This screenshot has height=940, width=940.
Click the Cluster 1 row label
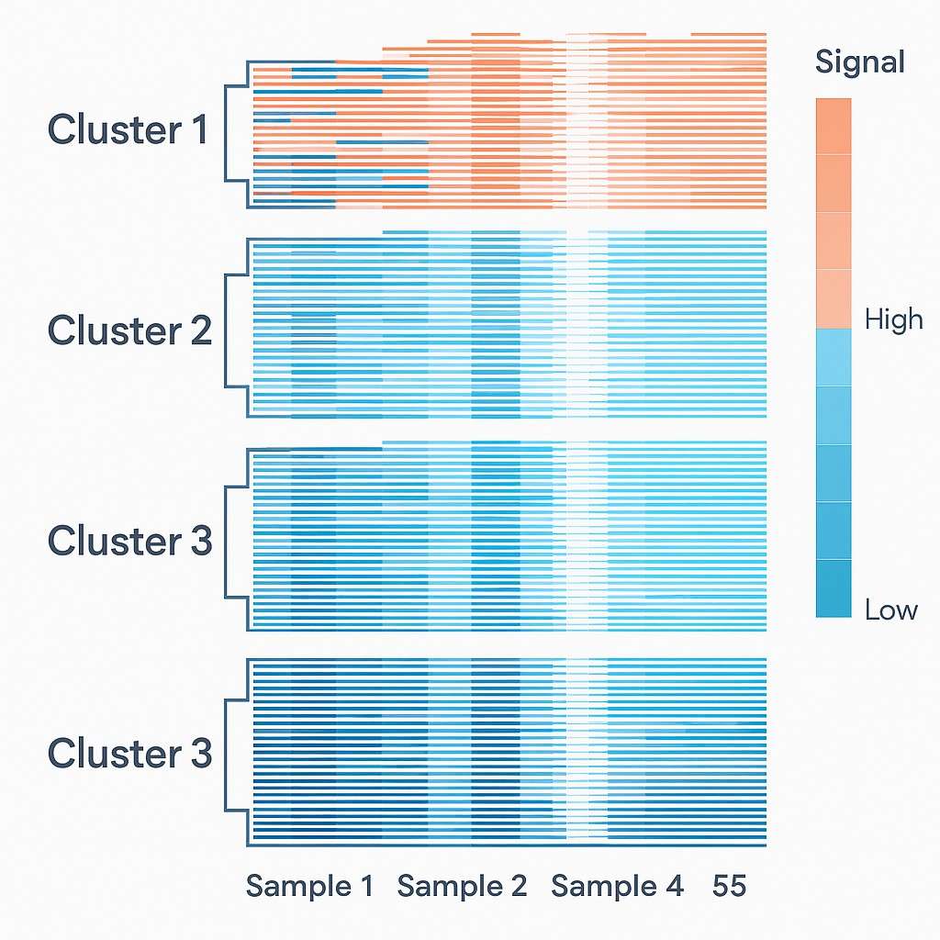pos(129,130)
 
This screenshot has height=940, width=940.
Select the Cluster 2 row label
pos(129,330)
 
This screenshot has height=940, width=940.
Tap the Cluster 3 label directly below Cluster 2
pos(129,542)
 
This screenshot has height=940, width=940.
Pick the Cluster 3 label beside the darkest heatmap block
pos(129,754)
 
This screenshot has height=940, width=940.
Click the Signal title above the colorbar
pos(859,62)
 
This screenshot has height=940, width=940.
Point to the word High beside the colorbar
pos(893,319)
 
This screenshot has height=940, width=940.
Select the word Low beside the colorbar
pos(890,610)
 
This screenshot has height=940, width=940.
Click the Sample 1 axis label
pos(309,887)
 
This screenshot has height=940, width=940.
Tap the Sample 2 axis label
pos(462,887)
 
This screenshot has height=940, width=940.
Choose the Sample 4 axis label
pos(617,887)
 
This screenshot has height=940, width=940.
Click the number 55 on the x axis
pos(729,887)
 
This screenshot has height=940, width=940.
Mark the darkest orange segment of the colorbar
pos(834,126)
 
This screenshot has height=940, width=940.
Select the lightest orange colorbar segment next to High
pos(834,298)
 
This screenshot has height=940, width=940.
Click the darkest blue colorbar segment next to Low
pos(834,588)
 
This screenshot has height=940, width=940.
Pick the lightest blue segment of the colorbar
pos(834,357)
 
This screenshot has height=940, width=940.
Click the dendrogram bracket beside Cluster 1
pos(235,133)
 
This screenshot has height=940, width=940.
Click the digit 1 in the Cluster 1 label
pos(200,130)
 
